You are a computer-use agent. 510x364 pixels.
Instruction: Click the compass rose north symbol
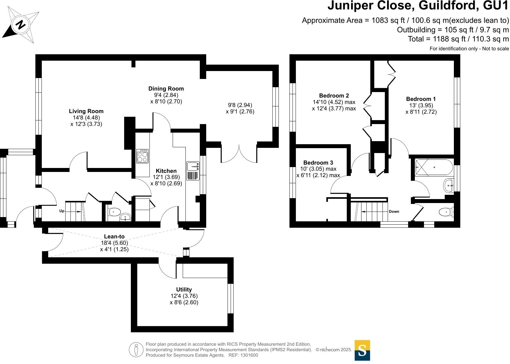click(20, 24)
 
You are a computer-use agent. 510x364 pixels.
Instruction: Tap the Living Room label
click(86, 111)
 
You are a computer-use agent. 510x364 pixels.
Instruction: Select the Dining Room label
click(166, 89)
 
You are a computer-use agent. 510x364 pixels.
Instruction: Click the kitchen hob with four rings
click(142, 156)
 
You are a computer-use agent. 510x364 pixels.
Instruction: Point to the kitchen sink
click(193, 166)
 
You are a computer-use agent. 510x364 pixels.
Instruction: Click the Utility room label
click(184, 290)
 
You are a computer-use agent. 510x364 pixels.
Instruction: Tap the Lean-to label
click(114, 237)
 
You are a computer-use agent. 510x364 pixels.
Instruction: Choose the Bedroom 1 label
click(421, 99)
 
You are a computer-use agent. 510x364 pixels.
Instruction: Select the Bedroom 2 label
click(334, 96)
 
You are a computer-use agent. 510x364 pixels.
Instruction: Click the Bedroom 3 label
click(318, 163)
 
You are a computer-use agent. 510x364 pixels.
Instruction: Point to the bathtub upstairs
click(434, 167)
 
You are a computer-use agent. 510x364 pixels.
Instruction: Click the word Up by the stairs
click(62, 211)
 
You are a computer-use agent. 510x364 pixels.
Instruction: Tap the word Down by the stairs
click(394, 212)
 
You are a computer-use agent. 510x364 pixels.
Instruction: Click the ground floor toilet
click(114, 211)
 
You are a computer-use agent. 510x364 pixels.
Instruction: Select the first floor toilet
click(446, 211)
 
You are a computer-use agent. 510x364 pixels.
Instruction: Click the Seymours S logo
click(362, 350)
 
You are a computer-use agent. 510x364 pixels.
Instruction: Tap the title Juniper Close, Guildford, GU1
click(418, 6)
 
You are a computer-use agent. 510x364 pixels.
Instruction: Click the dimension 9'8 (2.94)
click(240, 105)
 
